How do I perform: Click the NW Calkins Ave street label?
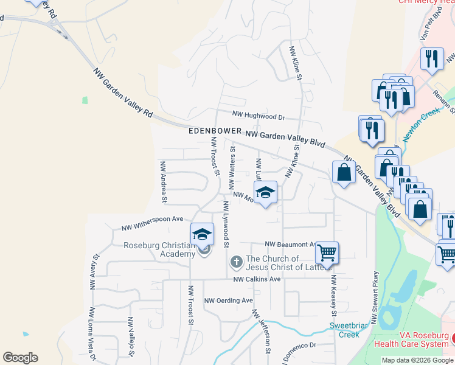(257, 279)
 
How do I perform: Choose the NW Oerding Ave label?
(228, 301)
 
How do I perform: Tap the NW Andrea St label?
(163, 181)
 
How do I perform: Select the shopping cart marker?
(327, 252)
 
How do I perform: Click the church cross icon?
(236, 262)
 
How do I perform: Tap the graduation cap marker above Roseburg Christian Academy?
(203, 233)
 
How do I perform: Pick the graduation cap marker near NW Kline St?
(265, 192)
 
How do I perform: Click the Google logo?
(20, 358)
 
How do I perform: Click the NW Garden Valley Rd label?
(122, 92)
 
